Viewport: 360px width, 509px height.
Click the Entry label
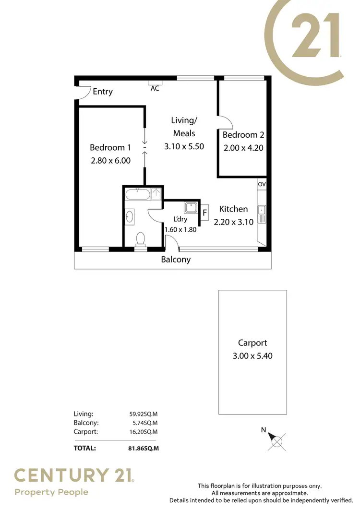(102, 92)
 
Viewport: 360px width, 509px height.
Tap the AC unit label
(155, 89)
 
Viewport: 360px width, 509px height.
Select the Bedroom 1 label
(110, 148)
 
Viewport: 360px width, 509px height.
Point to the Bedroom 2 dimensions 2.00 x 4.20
(243, 148)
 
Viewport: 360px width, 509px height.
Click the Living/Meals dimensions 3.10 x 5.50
(184, 146)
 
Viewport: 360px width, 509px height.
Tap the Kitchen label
(233, 209)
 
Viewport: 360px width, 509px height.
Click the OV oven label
(262, 184)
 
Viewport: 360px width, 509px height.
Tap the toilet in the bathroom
(141, 238)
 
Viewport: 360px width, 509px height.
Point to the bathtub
(138, 194)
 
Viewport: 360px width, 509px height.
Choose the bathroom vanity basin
(130, 217)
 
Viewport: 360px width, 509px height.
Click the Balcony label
(176, 260)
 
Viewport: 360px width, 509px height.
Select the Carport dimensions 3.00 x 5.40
(252, 356)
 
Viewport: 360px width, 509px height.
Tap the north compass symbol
(277, 439)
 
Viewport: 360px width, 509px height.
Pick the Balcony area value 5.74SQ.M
(142, 423)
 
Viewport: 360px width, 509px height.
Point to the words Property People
(51, 492)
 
